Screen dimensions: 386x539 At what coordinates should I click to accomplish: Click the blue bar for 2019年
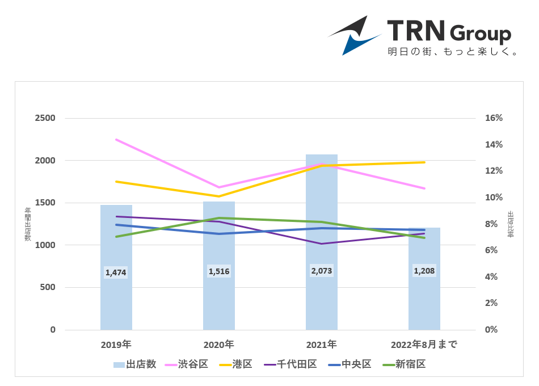click(x=116, y=301)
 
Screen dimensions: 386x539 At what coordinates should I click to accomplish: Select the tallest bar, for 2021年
click(x=322, y=301)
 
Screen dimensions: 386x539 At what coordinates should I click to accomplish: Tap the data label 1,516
click(x=219, y=271)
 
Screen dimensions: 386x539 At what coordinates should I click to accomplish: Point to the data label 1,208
click(x=424, y=271)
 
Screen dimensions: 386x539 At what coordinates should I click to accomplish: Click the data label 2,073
click(x=322, y=271)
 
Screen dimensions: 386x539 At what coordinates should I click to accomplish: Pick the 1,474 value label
click(x=116, y=272)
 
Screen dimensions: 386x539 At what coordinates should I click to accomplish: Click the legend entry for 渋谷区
click(x=187, y=364)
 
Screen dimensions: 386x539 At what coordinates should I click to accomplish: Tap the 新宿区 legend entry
click(x=404, y=364)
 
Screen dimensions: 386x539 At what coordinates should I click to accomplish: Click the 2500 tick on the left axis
click(x=45, y=118)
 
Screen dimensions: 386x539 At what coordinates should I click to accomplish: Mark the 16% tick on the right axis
click(x=494, y=118)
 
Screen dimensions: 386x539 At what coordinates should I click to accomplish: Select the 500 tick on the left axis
click(x=48, y=287)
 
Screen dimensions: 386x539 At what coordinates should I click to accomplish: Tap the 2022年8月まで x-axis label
click(x=424, y=345)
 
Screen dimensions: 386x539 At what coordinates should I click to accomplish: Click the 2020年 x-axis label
click(x=219, y=345)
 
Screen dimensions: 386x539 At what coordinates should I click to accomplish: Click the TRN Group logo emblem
click(x=355, y=35)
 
